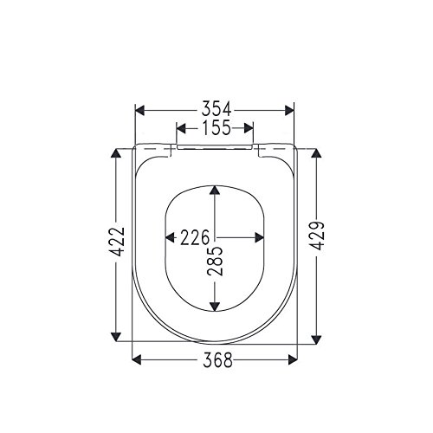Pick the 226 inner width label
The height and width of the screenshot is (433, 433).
coord(196,236)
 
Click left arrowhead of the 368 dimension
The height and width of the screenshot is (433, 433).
coord(138,360)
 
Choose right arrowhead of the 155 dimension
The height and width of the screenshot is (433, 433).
coord(251,129)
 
